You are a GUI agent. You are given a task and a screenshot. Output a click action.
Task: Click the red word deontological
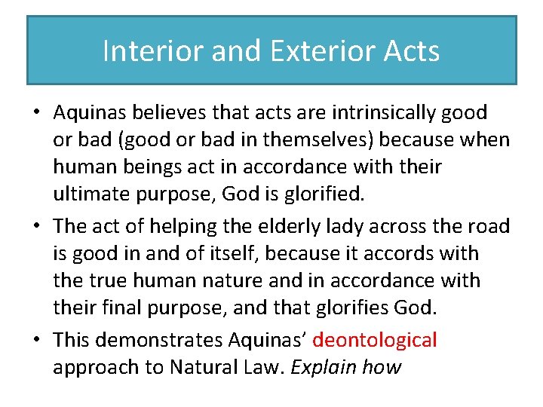374,340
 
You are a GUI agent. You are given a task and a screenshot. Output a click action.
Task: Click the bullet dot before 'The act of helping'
36,227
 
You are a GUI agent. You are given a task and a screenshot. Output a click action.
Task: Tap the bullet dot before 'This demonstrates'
36,341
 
